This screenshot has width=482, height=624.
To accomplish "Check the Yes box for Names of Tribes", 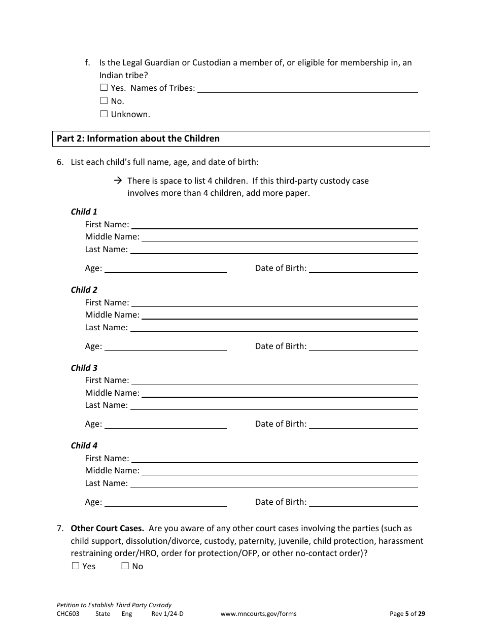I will pos(104,88).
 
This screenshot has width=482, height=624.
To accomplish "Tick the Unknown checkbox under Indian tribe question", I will pos(104,114).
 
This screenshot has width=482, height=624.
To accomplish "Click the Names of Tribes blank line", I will pos(307,88).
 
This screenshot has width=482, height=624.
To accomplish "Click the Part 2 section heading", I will pos(139,138).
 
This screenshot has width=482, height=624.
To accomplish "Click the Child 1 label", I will pos(84,212).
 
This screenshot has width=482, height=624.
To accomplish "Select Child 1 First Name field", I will pos(274,225).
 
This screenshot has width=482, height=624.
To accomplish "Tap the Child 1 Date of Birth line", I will pos(363,269).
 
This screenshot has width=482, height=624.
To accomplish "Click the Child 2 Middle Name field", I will pos(280,315).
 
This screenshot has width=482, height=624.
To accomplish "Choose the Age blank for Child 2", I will pos(165,346).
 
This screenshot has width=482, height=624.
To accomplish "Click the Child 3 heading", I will pos(84,368).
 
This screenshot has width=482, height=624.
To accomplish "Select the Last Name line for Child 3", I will pos(274,405).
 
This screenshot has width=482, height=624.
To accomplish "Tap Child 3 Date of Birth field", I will pos(363,424).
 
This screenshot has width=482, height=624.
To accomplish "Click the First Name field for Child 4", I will pos(274,459).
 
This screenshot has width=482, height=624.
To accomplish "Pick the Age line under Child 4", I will pos(165,502).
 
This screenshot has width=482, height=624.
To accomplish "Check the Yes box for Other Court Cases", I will pos(76,566).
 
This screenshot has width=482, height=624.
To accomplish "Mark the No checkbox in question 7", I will pos(125,566).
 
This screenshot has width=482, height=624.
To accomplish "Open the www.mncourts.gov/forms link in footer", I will pos(258,613).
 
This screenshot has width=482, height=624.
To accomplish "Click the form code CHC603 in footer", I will pos(68,613).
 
